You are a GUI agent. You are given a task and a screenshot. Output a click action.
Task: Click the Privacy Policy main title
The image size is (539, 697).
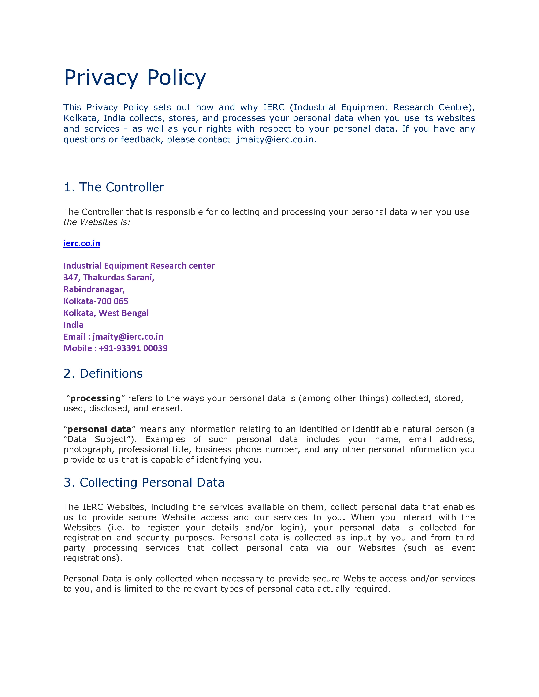[135, 78]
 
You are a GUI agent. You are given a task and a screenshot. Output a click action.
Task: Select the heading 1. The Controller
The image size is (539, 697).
[114, 187]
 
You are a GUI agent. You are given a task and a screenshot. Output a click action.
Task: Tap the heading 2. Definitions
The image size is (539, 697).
[103, 373]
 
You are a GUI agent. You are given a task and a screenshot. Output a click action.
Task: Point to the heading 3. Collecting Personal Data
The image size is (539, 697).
[144, 483]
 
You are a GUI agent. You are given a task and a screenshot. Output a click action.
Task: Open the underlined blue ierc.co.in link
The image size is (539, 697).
[82, 244]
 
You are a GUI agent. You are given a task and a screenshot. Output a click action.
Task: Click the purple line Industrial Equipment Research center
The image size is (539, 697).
[139, 266]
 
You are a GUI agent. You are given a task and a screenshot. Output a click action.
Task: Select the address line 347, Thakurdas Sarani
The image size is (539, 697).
[109, 278]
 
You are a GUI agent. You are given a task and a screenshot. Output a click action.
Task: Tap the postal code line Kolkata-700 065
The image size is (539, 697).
[96, 301]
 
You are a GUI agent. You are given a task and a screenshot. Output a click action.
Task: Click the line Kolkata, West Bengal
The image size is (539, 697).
[106, 313]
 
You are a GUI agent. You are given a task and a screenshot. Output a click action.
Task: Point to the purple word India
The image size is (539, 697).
[73, 325]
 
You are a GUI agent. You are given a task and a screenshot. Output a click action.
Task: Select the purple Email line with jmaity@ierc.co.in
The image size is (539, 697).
[113, 337]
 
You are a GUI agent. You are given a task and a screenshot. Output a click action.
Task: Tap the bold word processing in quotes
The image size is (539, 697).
[96, 399]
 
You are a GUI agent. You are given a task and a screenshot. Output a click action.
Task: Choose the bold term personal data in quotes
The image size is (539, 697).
[99, 429]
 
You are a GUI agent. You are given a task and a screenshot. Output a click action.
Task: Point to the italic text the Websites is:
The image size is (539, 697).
[97, 222]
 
